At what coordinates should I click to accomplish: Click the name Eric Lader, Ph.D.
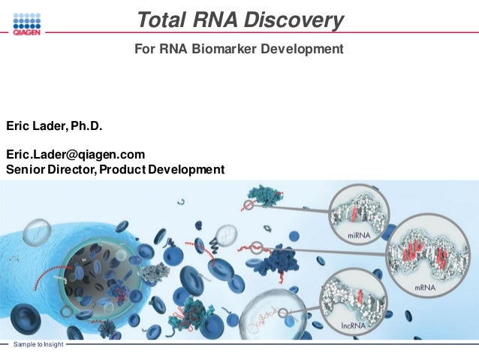54,125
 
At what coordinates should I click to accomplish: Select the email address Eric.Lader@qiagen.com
75,154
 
